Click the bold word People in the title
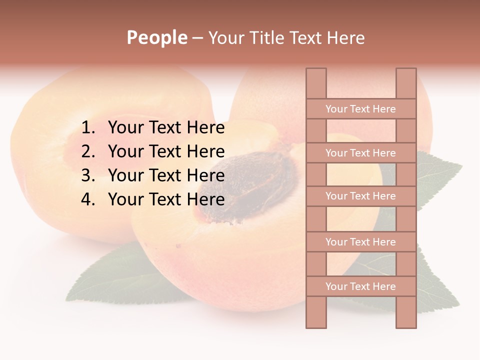157,37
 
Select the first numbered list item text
166,128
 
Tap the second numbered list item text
166,151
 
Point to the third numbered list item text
166,175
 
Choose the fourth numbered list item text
166,199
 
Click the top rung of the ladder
360,109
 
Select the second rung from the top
360,153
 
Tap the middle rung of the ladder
360,196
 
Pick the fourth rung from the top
360,242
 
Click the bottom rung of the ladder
360,286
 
